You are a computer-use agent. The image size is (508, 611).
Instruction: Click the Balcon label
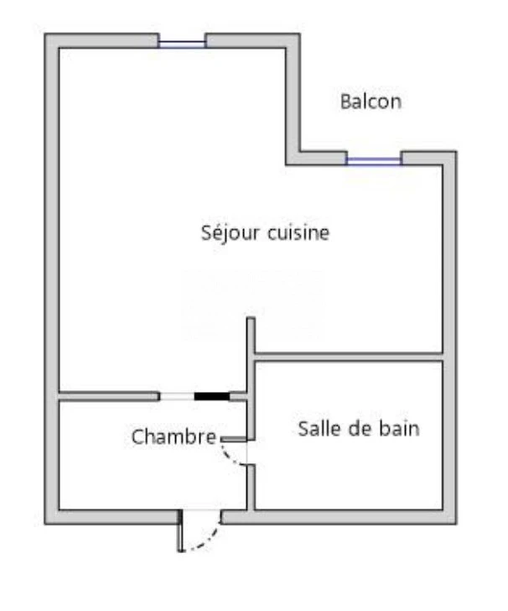click(x=371, y=102)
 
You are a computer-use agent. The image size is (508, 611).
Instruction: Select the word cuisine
click(x=298, y=232)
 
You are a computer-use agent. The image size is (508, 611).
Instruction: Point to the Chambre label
click(x=174, y=436)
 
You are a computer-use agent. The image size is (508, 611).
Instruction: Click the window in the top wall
click(x=182, y=44)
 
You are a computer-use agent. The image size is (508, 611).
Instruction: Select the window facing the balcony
click(x=374, y=160)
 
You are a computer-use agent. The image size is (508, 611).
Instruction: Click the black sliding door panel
click(x=212, y=396)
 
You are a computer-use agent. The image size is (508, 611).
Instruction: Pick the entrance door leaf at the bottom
click(x=180, y=530)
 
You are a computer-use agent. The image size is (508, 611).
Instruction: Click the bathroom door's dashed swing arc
click(x=231, y=455)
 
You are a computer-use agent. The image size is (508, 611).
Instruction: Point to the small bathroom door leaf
click(x=234, y=439)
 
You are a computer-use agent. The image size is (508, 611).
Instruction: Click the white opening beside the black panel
click(x=177, y=396)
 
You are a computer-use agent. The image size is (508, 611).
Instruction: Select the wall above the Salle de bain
click(x=349, y=357)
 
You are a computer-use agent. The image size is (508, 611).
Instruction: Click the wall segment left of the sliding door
click(x=109, y=396)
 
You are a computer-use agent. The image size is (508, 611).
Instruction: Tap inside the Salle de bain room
click(x=349, y=467)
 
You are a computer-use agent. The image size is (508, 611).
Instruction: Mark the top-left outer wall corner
click(x=45, y=34)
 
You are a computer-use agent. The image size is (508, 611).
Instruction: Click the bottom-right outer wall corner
click(x=456, y=524)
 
